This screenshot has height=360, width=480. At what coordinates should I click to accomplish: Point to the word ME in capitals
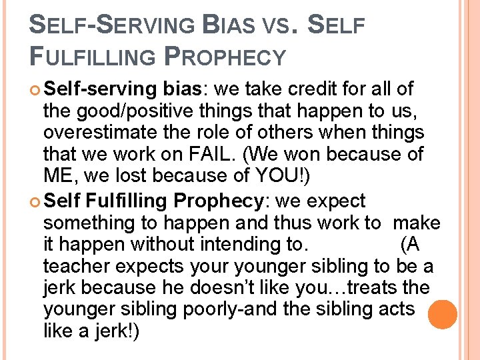point(58,177)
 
